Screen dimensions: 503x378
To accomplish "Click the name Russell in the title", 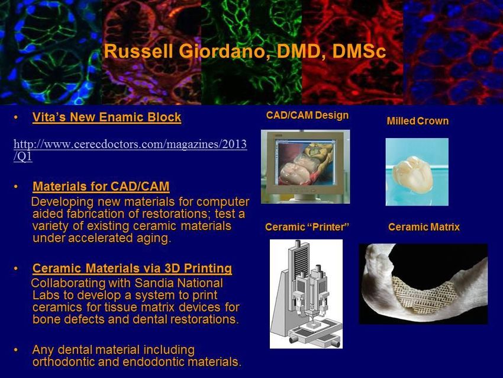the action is [138, 52].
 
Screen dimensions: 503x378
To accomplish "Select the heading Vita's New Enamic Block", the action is [107, 117].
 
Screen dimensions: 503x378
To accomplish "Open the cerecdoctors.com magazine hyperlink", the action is [130, 150].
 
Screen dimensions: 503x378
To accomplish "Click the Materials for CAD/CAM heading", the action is [101, 186].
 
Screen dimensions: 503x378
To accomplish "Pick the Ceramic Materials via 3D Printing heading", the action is [132, 268].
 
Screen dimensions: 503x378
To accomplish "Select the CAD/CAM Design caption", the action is [307, 116].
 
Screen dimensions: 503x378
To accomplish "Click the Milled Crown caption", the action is [418, 121].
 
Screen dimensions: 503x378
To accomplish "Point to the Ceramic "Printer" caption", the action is [307, 227].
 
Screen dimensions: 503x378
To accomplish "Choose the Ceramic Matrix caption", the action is [424, 227].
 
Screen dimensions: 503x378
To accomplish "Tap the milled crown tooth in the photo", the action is [413, 174].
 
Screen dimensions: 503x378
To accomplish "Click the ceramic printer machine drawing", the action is [306, 294].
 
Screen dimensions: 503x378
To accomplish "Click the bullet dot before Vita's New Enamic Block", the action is [16, 117].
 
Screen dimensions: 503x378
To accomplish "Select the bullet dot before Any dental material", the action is [16, 350].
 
